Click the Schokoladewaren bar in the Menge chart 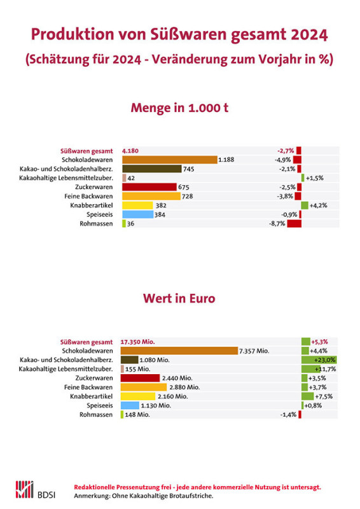170,160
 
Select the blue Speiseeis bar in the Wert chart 130,405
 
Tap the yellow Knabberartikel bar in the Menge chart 137,206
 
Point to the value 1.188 226,160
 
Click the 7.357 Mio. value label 254,351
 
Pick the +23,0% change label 324,360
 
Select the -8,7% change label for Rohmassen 277,224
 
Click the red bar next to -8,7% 294,224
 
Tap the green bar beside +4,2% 305,206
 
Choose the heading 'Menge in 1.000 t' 179,108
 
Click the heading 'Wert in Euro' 179,298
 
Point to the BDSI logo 36,490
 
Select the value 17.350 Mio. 137,342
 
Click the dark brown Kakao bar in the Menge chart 152,169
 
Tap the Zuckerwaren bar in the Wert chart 140,378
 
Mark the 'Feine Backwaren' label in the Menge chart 88,197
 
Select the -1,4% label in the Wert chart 288,415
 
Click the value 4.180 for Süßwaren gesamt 130,151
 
